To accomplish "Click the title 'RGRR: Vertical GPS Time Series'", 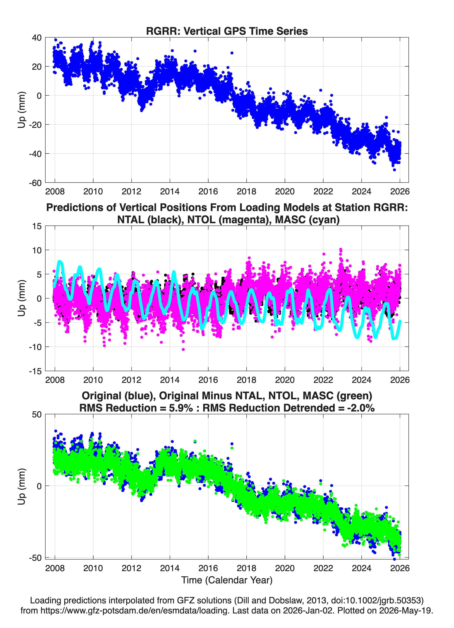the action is pyautogui.click(x=227, y=31).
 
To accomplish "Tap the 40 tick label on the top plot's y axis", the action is pyautogui.click(x=37, y=38).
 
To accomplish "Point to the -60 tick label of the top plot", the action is pyautogui.click(x=35, y=183).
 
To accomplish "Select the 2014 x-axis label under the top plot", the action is pyautogui.click(x=170, y=191).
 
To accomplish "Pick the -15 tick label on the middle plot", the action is pyautogui.click(x=35, y=371).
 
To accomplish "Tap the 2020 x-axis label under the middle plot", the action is pyautogui.click(x=285, y=380).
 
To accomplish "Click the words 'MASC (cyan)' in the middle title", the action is pyautogui.click(x=307, y=220).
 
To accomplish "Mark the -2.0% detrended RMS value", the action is pyautogui.click(x=361, y=408).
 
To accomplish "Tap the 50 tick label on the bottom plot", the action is pyautogui.click(x=37, y=414).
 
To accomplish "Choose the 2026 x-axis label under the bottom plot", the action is pyautogui.click(x=400, y=568).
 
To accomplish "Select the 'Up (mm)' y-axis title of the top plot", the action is pyautogui.click(x=22, y=110).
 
